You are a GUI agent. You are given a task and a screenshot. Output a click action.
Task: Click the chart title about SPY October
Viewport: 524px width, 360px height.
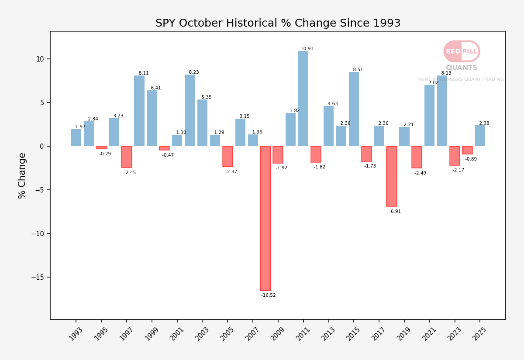pyautogui.click(x=278, y=23)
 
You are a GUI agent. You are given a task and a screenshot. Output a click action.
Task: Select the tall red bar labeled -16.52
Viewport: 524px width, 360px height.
pyautogui.click(x=265, y=218)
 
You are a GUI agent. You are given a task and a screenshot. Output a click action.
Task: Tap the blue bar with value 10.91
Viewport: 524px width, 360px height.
pyautogui.click(x=303, y=99)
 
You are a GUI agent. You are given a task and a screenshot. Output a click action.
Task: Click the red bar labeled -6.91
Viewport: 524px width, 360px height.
pyautogui.click(x=392, y=176)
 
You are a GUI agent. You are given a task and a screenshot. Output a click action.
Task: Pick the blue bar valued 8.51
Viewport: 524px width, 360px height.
pyautogui.click(x=354, y=109)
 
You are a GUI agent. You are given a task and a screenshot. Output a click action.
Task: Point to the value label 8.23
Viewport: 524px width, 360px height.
pyautogui.click(x=194, y=72)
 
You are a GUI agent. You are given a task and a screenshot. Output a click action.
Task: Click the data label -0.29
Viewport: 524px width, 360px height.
pyautogui.click(x=105, y=154)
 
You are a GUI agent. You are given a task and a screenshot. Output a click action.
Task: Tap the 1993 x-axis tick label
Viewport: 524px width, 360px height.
pyautogui.click(x=76, y=334)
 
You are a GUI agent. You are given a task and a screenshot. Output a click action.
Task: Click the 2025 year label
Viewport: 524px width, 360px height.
pyautogui.click(x=479, y=334)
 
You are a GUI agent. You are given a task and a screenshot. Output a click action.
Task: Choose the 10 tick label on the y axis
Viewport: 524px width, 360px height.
pyautogui.click(x=40, y=59)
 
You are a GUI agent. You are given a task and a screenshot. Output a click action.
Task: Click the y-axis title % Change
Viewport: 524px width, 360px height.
pyautogui.click(x=21, y=176)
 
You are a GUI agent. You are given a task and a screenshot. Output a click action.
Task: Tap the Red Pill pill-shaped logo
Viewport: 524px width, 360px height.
pyautogui.click(x=462, y=51)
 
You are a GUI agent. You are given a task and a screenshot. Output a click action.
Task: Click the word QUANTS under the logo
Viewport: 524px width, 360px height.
pyautogui.click(x=462, y=68)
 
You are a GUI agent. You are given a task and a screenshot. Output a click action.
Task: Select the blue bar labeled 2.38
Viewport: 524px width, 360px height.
pyautogui.click(x=480, y=136)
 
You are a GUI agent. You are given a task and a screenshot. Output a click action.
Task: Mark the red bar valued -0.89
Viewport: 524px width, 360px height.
pyautogui.click(x=467, y=150)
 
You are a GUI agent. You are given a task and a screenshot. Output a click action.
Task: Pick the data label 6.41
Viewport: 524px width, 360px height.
pyautogui.click(x=156, y=88)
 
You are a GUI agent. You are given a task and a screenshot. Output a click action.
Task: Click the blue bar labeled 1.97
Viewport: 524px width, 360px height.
pyautogui.click(x=76, y=138)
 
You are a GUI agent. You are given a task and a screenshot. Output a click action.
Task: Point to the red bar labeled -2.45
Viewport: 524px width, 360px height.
pyautogui.click(x=127, y=157)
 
